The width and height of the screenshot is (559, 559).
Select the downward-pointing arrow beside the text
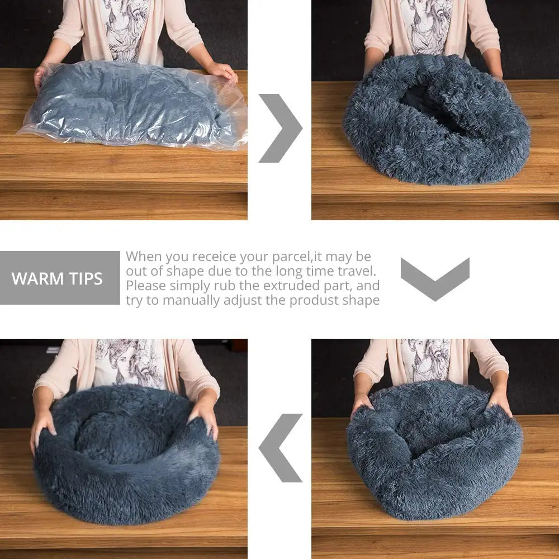click(435, 278)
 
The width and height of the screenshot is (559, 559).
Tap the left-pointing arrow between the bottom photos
click(279, 448)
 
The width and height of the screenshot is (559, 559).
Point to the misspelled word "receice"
click(215, 257)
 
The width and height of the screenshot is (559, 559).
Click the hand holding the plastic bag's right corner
click(224, 71)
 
